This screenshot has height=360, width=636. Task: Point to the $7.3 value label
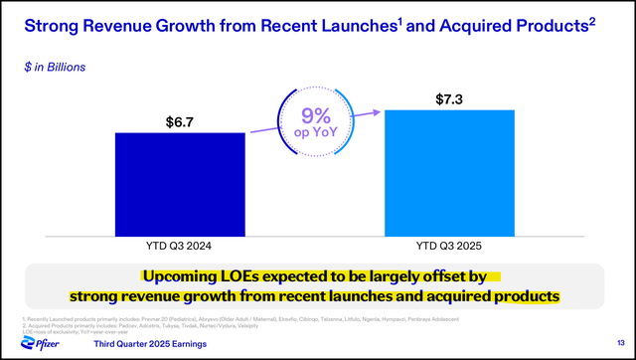pos(449,99)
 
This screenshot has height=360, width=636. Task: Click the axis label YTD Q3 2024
pos(179,245)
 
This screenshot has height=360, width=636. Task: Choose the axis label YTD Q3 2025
pos(449,245)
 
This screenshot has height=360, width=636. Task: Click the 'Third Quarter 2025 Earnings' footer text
pos(150,343)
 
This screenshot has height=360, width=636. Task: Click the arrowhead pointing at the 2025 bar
pos(380,112)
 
